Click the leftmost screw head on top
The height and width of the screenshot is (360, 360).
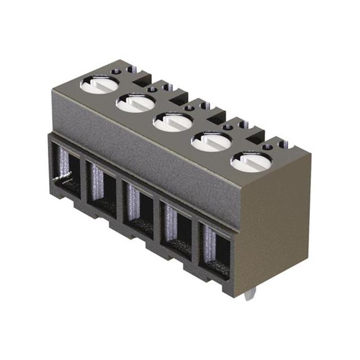(x=99, y=84)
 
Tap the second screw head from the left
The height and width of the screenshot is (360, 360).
(x=136, y=102)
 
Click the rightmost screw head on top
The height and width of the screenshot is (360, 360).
(x=250, y=161)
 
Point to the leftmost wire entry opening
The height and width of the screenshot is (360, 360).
(x=66, y=166)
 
